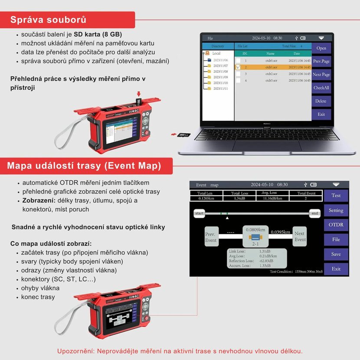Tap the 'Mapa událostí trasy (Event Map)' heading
click(84, 166)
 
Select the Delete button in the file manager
click(321, 101)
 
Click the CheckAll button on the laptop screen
click(321, 88)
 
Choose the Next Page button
click(321, 75)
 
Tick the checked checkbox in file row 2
click(238, 67)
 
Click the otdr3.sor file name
click(272, 80)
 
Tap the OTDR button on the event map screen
click(336, 225)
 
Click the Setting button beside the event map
click(336, 210)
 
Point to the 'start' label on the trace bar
click(200, 213)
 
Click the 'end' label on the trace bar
click(315, 213)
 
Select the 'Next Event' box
click(300, 236)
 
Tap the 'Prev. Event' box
click(211, 237)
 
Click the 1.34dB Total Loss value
click(240, 199)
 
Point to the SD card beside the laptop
click(183, 134)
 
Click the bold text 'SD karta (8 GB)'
click(98, 34)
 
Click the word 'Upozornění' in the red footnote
click(76, 351)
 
